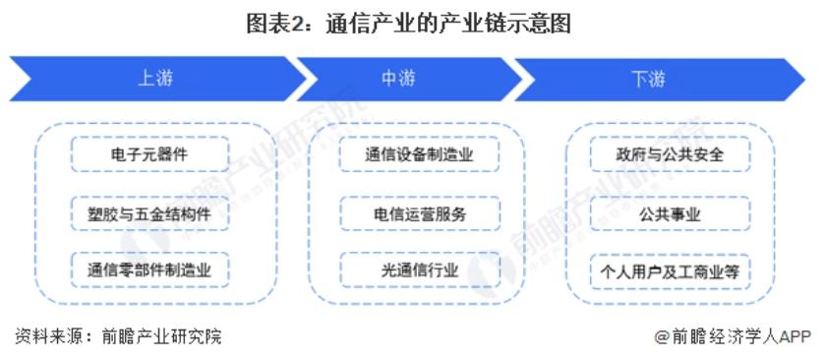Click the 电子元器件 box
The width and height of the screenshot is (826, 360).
pyautogui.click(x=150, y=155)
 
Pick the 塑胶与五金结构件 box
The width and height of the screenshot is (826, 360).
pyautogui.click(x=150, y=212)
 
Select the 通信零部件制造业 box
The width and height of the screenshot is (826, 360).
pyautogui.click(x=150, y=269)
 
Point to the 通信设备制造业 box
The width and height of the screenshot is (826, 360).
pyautogui.click(x=419, y=155)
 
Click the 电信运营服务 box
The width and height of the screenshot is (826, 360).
pyautogui.click(x=419, y=212)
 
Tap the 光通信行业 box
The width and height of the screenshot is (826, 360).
pyautogui.click(x=419, y=269)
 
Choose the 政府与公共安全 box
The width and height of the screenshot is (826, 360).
pyautogui.click(x=669, y=155)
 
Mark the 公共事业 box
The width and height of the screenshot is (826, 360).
pyautogui.click(x=669, y=212)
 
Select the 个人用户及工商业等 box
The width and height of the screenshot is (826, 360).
pyautogui.click(x=669, y=269)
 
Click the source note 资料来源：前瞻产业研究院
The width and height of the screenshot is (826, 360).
pyautogui.click(x=118, y=336)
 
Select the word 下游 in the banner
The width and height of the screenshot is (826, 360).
pyautogui.click(x=649, y=79)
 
